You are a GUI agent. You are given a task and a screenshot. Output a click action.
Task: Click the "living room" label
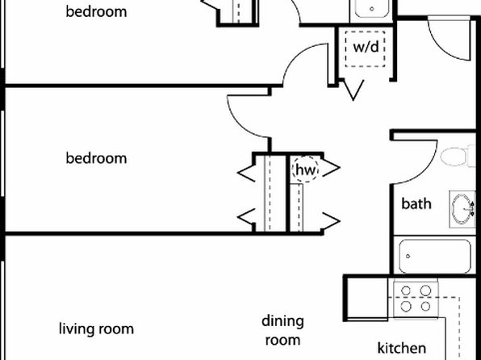click(x=96, y=329)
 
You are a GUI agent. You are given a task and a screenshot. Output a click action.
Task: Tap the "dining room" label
click(x=282, y=331)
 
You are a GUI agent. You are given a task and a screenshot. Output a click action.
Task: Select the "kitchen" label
click(x=402, y=348)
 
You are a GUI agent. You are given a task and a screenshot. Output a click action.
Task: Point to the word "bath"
click(x=416, y=203)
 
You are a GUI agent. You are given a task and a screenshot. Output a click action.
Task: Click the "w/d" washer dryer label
click(x=366, y=47)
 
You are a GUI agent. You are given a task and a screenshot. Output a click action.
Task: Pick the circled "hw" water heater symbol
click(x=305, y=170)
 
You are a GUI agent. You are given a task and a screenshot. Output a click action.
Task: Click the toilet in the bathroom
click(x=458, y=156)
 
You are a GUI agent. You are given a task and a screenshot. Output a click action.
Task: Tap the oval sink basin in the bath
click(x=462, y=209)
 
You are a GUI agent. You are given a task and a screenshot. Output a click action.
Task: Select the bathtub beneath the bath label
click(x=435, y=257)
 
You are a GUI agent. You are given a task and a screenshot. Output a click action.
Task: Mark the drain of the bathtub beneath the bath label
click(x=408, y=256)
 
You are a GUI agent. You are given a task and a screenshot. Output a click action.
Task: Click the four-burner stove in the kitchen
click(x=416, y=298)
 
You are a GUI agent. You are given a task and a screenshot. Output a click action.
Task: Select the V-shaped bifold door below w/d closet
click(x=353, y=90)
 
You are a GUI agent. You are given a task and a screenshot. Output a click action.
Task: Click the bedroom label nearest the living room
click(x=96, y=158)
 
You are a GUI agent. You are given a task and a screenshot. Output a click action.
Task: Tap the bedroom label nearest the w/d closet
click(x=96, y=11)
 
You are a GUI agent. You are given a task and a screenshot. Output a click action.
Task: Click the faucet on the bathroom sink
click(x=472, y=209)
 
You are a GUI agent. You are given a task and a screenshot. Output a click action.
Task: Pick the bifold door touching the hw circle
click(x=331, y=168)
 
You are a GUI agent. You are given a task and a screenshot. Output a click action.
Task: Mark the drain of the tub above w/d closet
click(x=372, y=9)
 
